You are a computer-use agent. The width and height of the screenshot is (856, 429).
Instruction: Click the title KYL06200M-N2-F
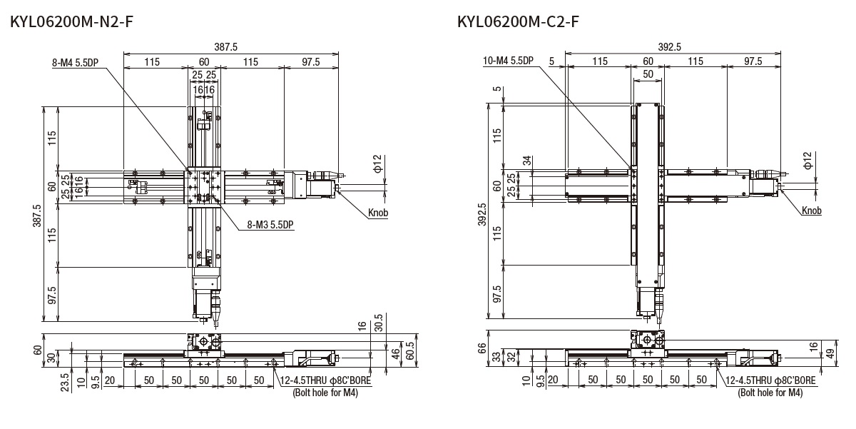(x=71, y=22)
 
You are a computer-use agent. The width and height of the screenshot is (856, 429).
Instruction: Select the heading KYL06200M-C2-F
(x=518, y=22)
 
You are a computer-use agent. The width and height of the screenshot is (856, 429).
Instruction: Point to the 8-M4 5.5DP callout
(x=76, y=63)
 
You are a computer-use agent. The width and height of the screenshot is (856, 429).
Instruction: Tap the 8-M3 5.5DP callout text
(x=270, y=225)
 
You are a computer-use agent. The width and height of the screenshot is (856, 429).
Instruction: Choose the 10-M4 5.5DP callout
(x=508, y=61)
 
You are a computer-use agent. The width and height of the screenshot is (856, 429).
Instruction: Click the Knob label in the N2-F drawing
(x=378, y=213)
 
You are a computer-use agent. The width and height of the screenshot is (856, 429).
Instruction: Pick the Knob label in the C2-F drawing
(x=811, y=211)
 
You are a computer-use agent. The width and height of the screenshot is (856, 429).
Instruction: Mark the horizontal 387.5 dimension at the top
(x=225, y=47)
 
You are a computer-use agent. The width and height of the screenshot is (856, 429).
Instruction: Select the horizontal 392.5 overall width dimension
(x=670, y=47)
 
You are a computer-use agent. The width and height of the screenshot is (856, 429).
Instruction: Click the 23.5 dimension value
(x=65, y=383)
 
